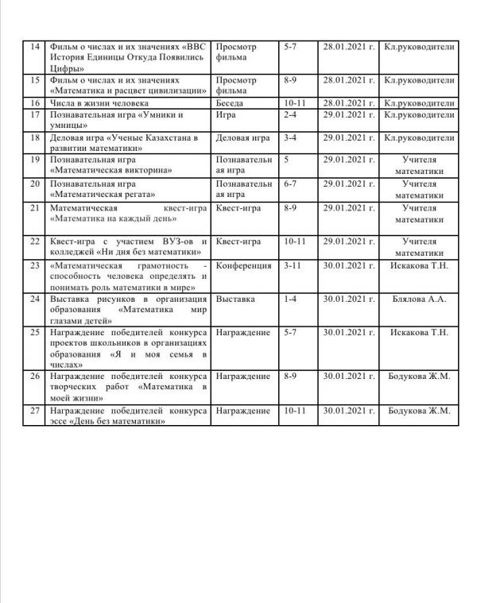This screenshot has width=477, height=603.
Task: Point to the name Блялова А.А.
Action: [x=419, y=300]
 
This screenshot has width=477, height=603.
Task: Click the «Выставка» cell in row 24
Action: [x=235, y=300]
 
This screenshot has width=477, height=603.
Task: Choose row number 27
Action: [x=34, y=411]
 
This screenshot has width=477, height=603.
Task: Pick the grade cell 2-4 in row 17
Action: [x=290, y=115]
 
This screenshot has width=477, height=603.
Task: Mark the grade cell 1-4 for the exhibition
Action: [x=290, y=300]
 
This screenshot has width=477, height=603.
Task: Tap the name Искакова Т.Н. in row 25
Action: [x=419, y=331]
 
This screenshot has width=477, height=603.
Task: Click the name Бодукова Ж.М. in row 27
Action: [x=419, y=411]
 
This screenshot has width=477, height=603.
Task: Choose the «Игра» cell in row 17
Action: [x=227, y=115]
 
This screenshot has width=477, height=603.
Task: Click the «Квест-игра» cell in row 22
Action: [x=238, y=241]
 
